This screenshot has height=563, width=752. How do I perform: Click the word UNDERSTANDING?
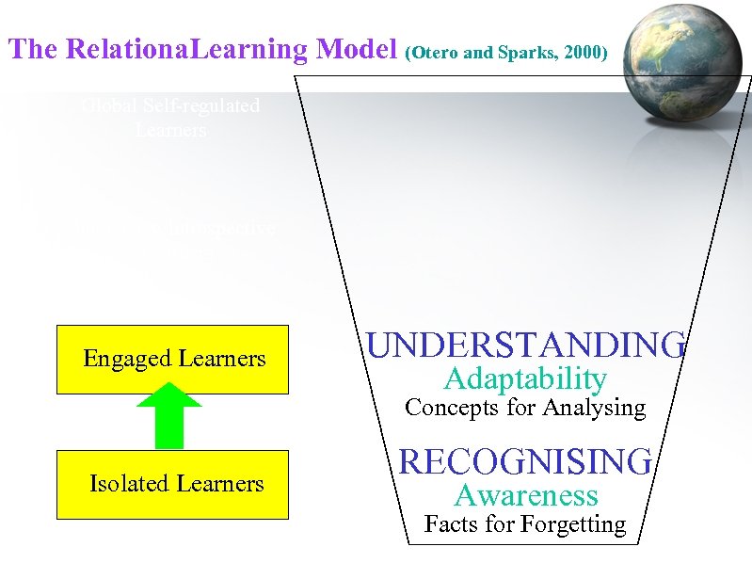click(526, 345)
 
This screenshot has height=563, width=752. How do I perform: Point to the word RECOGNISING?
click(526, 461)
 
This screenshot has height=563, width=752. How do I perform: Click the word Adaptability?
click(525, 378)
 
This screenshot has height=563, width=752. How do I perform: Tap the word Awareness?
click(526, 495)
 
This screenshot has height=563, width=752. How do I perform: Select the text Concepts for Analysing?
click(525, 408)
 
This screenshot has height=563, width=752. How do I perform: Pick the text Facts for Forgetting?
click(525, 524)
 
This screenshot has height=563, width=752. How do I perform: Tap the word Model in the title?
click(358, 49)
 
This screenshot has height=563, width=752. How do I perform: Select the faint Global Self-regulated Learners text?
click(170, 118)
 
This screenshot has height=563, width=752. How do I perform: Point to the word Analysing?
click(600, 408)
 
